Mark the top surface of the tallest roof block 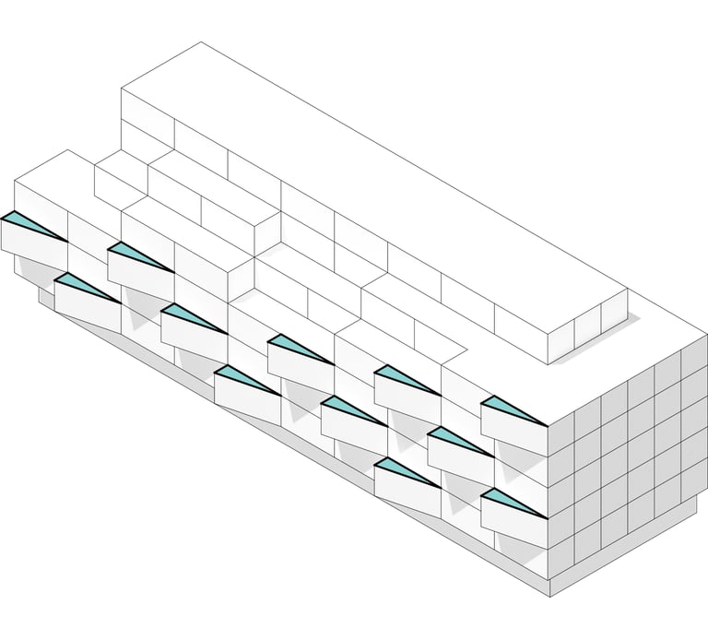pos(369,175)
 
